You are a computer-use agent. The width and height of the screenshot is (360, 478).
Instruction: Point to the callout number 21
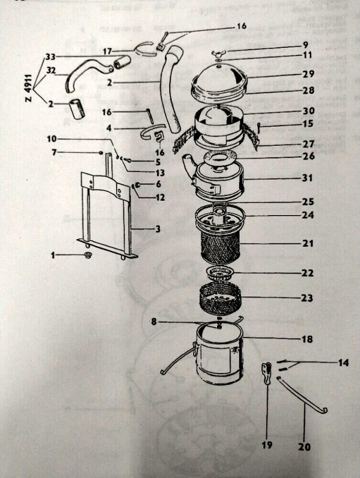(307, 244)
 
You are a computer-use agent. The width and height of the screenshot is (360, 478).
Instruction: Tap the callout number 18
(307, 339)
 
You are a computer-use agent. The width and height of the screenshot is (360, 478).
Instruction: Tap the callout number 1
(52, 255)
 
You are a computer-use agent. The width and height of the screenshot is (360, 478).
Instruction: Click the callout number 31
(307, 178)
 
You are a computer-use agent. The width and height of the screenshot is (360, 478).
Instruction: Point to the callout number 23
(307, 298)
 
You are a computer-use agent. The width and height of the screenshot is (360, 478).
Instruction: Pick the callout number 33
(50, 57)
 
